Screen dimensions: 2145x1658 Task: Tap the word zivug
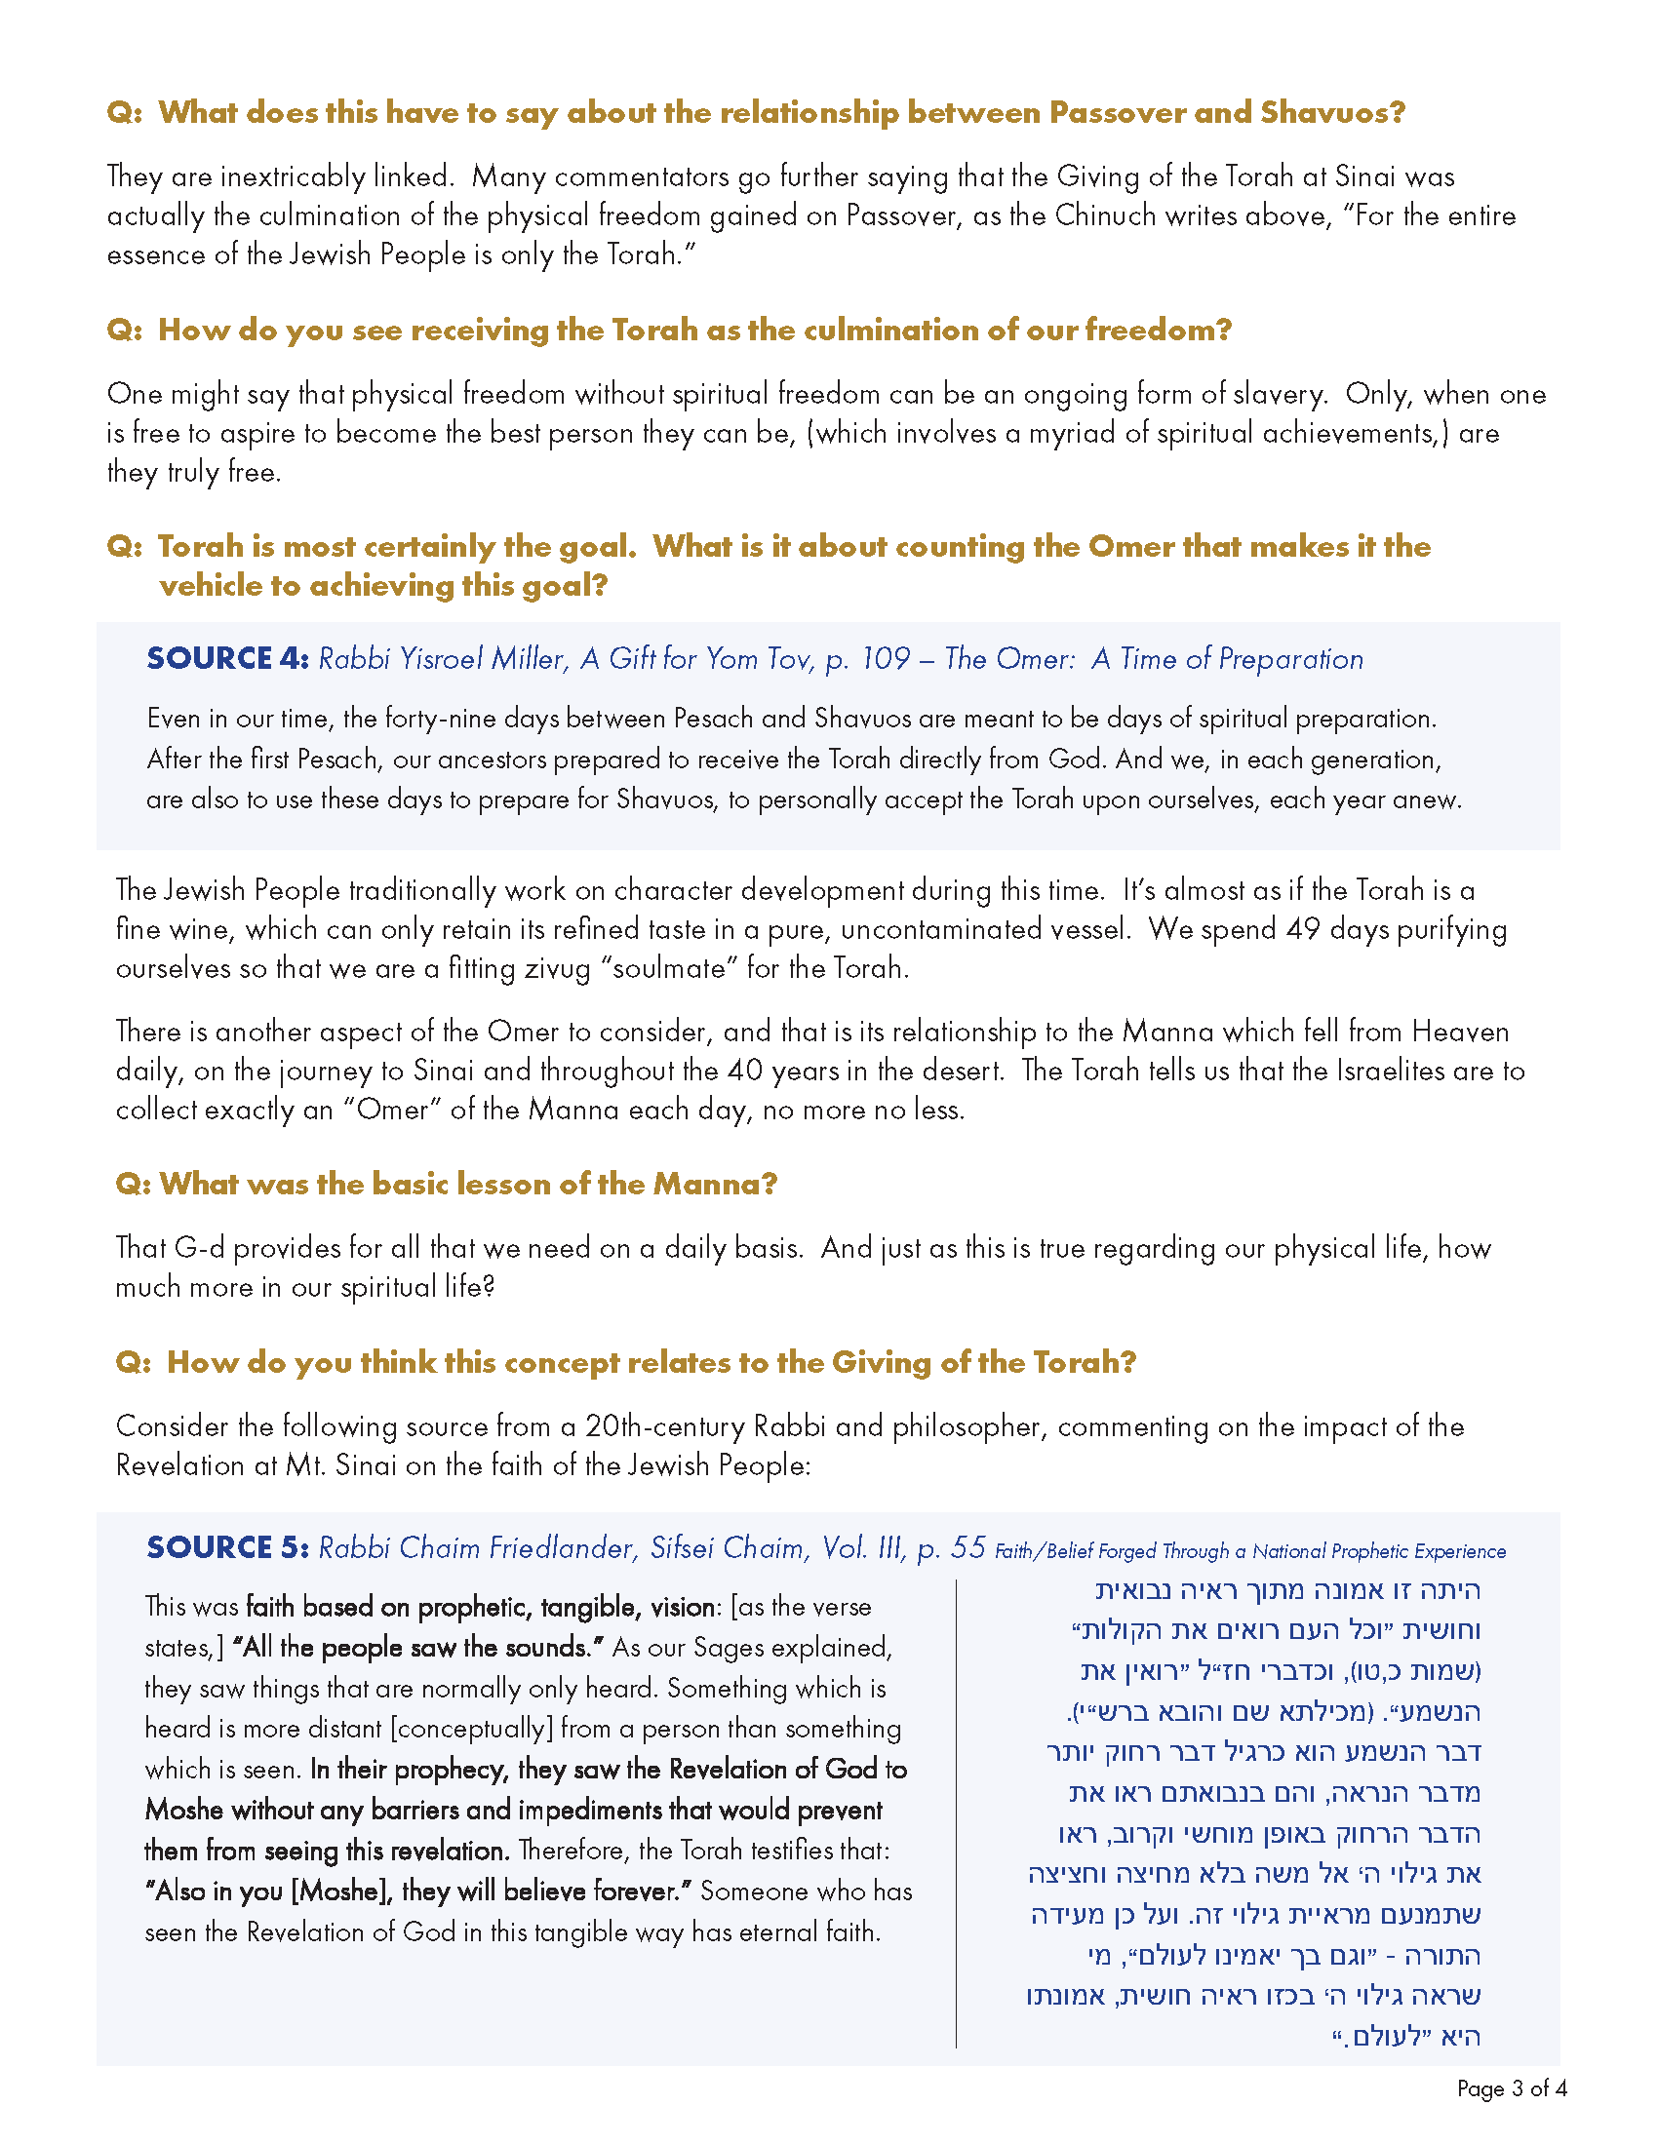pyautogui.click(x=557, y=968)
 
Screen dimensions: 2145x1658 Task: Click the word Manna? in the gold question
pyautogui.click(x=715, y=1185)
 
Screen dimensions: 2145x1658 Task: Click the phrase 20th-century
pyautogui.click(x=665, y=1426)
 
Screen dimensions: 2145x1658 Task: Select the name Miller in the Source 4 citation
pyautogui.click(x=529, y=659)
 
